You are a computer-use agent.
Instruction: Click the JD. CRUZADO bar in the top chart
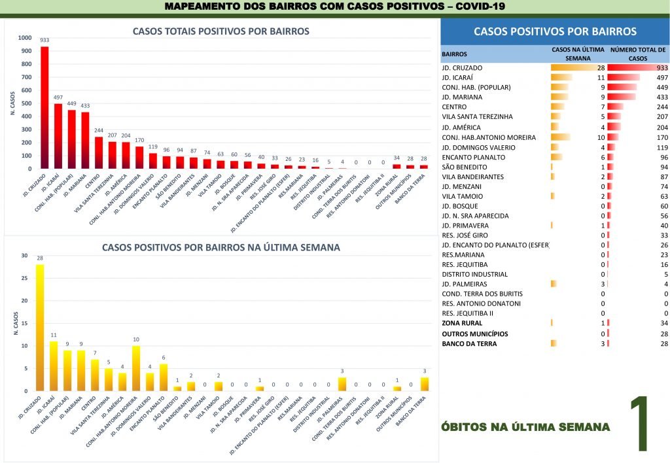click(x=44, y=108)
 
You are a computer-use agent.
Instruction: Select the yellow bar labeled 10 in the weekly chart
click(x=135, y=368)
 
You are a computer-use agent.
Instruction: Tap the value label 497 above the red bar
click(x=58, y=97)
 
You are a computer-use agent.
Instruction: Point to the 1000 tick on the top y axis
click(x=25, y=37)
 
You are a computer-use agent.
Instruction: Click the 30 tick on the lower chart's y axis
click(x=25, y=256)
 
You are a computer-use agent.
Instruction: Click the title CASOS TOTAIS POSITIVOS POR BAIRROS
click(x=220, y=31)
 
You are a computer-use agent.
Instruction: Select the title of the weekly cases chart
click(x=220, y=248)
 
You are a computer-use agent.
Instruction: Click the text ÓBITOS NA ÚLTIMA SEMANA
click(x=526, y=427)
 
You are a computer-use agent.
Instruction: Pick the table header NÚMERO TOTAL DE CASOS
click(x=637, y=54)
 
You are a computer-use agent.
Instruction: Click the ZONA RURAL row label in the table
click(x=462, y=323)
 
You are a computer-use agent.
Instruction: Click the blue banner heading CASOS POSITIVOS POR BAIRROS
click(x=554, y=31)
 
